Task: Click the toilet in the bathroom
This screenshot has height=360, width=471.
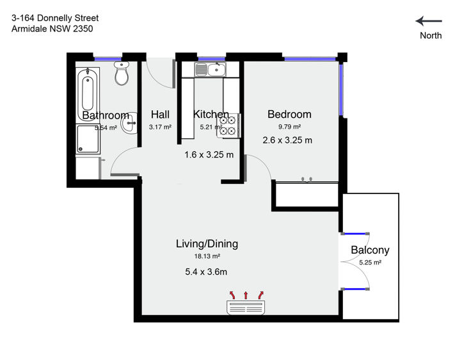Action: (x=122, y=74)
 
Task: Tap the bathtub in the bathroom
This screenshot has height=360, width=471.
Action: (x=88, y=94)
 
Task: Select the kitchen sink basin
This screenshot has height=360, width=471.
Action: (x=216, y=70)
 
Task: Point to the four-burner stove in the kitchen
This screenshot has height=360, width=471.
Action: (x=228, y=126)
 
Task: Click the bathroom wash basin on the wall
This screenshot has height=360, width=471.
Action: (x=129, y=123)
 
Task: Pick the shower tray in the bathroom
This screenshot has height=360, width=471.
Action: (x=88, y=139)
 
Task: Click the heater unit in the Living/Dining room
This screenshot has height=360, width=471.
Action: (x=246, y=307)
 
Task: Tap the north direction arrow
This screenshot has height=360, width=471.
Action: (x=429, y=21)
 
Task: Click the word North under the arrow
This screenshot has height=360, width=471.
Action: (x=431, y=35)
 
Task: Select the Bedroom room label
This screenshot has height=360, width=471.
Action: (x=289, y=114)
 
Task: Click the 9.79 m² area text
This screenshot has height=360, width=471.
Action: (x=289, y=127)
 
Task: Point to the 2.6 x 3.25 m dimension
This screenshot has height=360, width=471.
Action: (x=287, y=140)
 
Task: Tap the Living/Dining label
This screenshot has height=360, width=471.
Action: (x=207, y=244)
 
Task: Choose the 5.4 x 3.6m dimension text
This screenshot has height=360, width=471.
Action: (x=206, y=272)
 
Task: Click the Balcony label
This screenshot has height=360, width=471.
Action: (x=370, y=250)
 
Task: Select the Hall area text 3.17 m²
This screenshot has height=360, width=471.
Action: (x=160, y=127)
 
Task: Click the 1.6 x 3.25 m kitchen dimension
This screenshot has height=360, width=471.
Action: (x=209, y=154)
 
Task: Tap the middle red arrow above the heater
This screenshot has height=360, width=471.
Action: (x=246, y=295)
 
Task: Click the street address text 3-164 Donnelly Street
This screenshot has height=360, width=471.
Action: (x=55, y=18)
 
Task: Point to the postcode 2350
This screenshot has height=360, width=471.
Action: (x=83, y=29)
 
